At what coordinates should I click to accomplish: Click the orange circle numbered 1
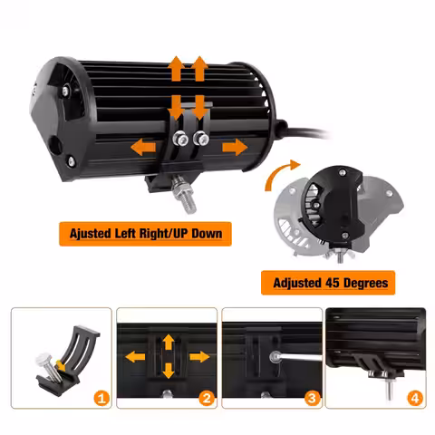tap(101, 399)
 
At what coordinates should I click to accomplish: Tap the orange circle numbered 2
tap(207, 399)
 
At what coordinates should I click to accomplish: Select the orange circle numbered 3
tap(312, 399)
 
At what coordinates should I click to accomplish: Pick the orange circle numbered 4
tap(415, 399)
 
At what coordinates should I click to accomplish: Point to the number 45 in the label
tap(333, 283)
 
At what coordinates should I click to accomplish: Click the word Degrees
tap(365, 283)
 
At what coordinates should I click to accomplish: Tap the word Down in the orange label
tap(207, 233)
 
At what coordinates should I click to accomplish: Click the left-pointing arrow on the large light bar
tap(143, 148)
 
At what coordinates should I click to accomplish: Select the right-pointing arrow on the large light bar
tap(235, 147)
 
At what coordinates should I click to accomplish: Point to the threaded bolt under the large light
tap(183, 194)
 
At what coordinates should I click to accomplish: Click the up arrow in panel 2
tap(169, 343)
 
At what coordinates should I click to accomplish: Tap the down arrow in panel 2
tap(169, 371)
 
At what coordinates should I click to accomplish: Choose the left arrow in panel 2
tap(135, 357)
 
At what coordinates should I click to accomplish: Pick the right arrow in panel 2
tap(199, 357)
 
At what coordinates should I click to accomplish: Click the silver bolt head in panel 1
tap(43, 360)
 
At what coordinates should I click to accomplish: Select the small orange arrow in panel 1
tap(61, 365)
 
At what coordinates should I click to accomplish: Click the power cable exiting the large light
tap(305, 131)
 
